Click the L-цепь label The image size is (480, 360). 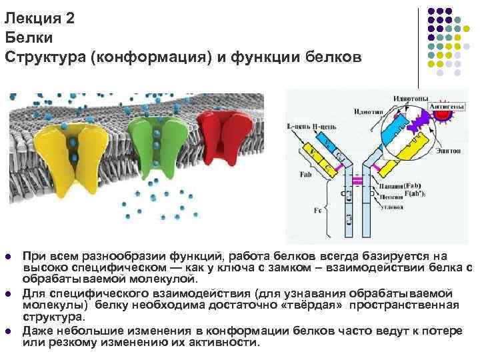pos(299,127)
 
